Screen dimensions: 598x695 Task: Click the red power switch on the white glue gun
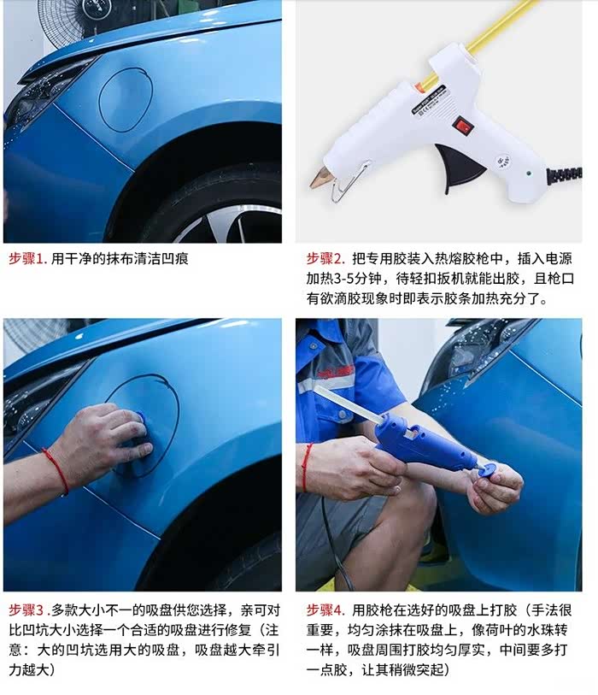coord(463,125)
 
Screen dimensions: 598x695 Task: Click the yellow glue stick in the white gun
coord(478,40)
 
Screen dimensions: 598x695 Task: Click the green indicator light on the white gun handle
coord(528,174)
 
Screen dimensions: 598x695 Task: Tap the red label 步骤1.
coord(28,258)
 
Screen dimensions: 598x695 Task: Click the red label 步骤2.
coord(325,258)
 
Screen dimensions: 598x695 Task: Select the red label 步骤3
coord(26,610)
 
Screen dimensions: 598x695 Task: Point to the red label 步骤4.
coord(325,610)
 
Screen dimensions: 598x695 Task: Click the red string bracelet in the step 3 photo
coord(56,471)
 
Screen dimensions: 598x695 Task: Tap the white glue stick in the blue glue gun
coord(348,403)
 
